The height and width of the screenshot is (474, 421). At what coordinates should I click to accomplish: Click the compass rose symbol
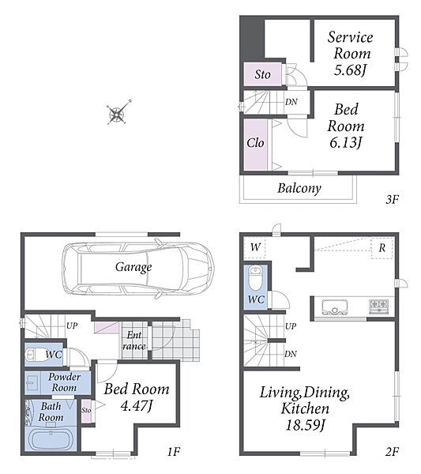[x=116, y=114]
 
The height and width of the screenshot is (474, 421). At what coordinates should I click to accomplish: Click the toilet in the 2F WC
[x=256, y=277]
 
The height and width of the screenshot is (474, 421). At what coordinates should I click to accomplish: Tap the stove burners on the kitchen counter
[x=378, y=306]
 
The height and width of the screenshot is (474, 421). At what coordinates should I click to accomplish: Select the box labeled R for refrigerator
[x=382, y=248]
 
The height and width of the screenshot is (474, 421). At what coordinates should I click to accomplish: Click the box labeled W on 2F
[x=255, y=247]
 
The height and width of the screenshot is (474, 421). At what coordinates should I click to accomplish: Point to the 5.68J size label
[x=350, y=70]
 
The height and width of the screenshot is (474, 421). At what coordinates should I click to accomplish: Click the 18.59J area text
[x=305, y=425]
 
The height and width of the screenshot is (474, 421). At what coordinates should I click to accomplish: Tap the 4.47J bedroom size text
[x=137, y=405]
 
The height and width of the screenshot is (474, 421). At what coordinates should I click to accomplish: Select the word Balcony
[x=299, y=188]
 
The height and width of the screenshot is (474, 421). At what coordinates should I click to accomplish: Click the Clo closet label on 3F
[x=255, y=143]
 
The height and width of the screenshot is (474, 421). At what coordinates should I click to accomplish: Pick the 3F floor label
[x=393, y=200]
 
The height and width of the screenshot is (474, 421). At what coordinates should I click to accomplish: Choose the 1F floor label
[x=174, y=452]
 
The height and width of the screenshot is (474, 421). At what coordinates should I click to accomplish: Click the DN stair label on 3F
[x=291, y=102]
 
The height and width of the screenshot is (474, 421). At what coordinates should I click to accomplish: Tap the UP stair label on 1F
[x=72, y=325]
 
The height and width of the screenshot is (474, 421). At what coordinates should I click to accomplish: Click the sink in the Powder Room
[x=31, y=383]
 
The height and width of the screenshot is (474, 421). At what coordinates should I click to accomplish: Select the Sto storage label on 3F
[x=262, y=74]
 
